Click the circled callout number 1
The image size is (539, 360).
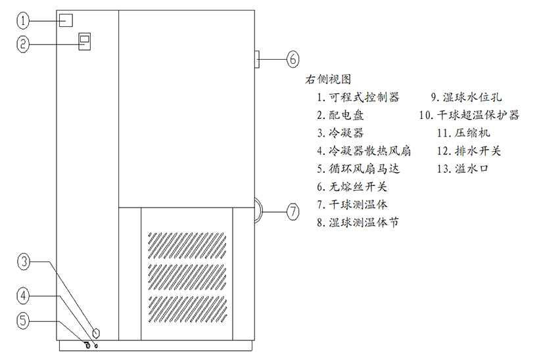(x=24, y=22)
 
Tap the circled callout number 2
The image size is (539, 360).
(x=24, y=44)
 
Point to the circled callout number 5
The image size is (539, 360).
(x=24, y=321)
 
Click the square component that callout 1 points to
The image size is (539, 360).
(x=65, y=20)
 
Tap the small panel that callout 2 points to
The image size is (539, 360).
(x=84, y=41)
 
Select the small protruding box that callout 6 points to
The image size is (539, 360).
(x=256, y=58)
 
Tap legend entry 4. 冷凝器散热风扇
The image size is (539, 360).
(x=363, y=151)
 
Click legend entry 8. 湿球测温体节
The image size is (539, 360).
(x=358, y=222)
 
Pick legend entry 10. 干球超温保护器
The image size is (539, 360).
(x=469, y=115)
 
